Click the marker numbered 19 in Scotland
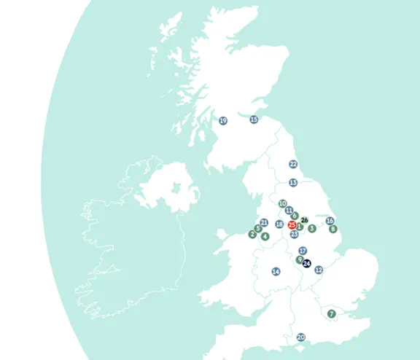point(223,121)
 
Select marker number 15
point(254,120)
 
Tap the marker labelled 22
point(293,165)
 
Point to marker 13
point(293,183)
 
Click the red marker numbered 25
point(292,226)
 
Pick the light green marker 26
point(305,219)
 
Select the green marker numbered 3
point(311,228)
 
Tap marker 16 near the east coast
point(330,221)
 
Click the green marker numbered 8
point(333,229)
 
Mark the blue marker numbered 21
point(264,223)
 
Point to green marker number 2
point(252,234)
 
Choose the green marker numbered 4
point(265,236)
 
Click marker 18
point(279,224)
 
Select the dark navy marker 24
point(306,263)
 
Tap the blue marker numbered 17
point(303,251)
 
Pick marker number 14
point(276,272)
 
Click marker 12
point(319,270)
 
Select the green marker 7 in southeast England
point(331,314)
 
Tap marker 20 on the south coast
point(300,337)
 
